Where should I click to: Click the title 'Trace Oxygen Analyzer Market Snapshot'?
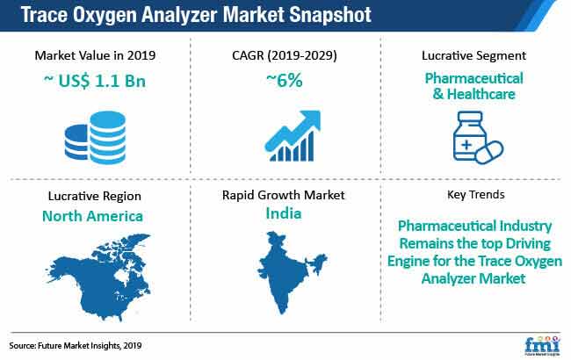[x=196, y=15]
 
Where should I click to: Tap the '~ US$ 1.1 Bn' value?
[x=95, y=81]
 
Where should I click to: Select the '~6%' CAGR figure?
[x=285, y=80]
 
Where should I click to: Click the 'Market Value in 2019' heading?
[x=95, y=55]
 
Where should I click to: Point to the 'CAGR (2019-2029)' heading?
[x=285, y=55]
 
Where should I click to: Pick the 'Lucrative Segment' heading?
[x=473, y=55]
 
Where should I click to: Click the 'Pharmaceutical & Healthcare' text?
[x=473, y=86]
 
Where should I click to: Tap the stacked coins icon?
[x=95, y=138]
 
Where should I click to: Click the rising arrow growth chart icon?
[x=293, y=136]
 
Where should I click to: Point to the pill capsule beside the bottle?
[x=489, y=152]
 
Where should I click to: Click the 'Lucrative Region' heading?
[x=95, y=196]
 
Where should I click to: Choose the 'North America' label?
[x=92, y=216]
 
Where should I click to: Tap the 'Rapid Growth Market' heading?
[x=284, y=195]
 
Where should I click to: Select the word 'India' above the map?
[x=284, y=213]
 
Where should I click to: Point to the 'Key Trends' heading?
[x=476, y=195]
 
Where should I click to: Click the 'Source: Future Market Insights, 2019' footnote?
[x=76, y=345]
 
